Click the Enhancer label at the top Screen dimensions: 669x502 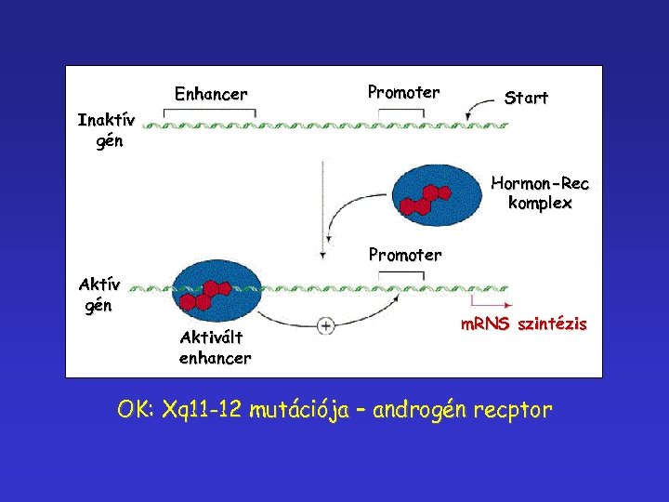coord(211,94)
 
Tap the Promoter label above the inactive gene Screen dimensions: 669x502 coord(403,92)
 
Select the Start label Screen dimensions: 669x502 coord(526,98)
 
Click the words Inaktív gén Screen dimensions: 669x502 coord(107,131)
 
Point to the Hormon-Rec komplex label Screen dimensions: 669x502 coord(540,192)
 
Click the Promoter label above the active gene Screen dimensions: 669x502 coord(405,254)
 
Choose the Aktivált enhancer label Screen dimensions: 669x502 coord(215,348)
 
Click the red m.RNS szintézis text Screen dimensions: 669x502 coord(524,324)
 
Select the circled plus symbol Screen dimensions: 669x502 coord(326,325)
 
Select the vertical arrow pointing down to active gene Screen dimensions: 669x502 coord(321,209)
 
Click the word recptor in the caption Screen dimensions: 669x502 coord(512,409)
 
